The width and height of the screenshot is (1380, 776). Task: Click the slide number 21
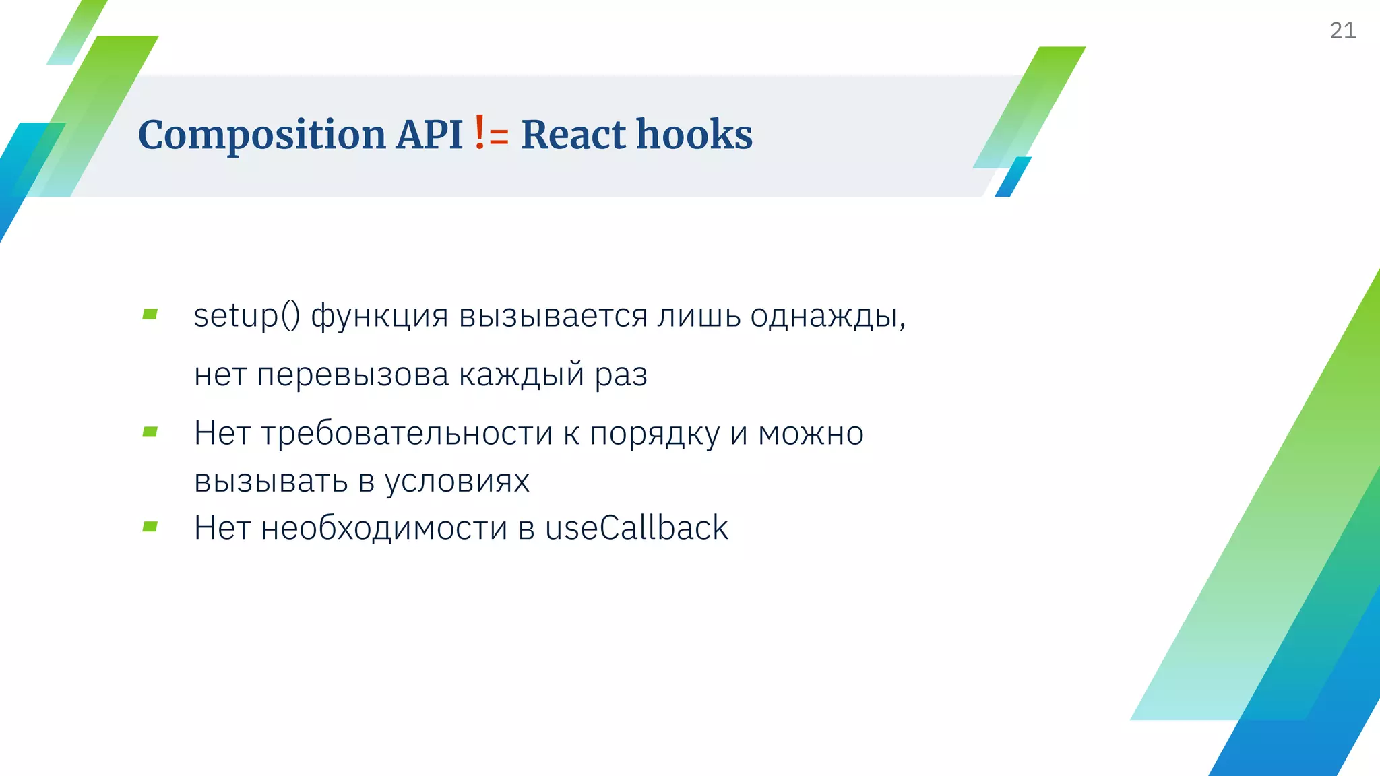click(1342, 30)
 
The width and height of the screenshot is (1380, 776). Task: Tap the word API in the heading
click(429, 134)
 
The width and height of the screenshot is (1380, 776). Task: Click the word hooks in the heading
click(694, 134)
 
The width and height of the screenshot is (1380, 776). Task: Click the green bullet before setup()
click(150, 314)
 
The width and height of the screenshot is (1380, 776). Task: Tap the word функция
click(379, 315)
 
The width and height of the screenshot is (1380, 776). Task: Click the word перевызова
click(352, 375)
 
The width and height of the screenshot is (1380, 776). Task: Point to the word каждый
click(521, 375)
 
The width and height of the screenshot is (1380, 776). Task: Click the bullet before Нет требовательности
click(150, 432)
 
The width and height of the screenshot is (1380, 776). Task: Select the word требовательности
click(407, 433)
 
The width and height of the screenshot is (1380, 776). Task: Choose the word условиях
click(457, 481)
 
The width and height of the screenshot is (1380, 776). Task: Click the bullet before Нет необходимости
click(150, 527)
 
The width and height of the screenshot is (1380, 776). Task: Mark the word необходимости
click(384, 527)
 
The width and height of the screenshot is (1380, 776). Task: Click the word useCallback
click(636, 527)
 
